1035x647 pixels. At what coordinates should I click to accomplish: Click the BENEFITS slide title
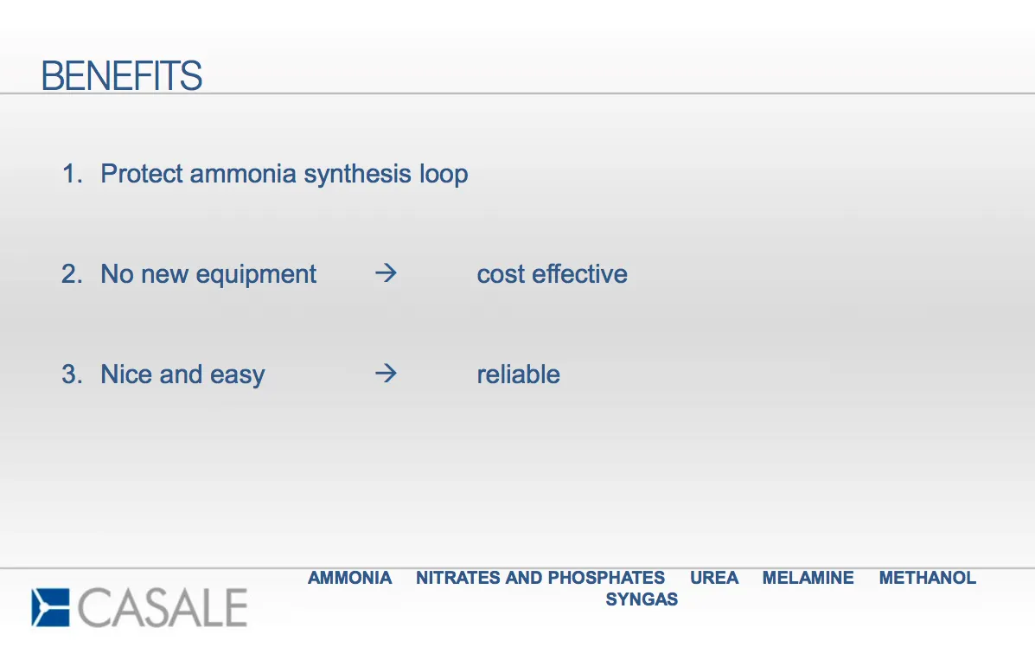point(121,75)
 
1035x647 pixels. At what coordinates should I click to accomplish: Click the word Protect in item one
point(142,174)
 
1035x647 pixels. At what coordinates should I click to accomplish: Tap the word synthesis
point(358,175)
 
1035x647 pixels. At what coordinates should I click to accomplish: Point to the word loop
point(444,175)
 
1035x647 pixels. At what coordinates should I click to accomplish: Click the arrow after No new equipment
point(387,272)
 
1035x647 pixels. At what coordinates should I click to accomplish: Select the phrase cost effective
point(552,274)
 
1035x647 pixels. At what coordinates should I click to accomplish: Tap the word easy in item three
point(238,375)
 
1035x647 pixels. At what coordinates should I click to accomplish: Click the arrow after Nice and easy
point(387,373)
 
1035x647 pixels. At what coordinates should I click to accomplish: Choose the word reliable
point(518,375)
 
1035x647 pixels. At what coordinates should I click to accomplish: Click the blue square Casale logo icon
point(50,607)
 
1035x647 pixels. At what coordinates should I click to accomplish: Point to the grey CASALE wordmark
point(163,607)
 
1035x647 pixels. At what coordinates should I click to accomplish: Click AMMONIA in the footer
point(350,578)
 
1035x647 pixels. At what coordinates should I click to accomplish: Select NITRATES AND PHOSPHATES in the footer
point(540,578)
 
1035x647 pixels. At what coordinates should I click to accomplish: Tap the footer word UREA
point(714,578)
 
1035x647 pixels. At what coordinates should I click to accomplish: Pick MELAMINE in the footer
point(808,578)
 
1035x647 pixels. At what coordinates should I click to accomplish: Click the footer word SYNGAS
point(642,599)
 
